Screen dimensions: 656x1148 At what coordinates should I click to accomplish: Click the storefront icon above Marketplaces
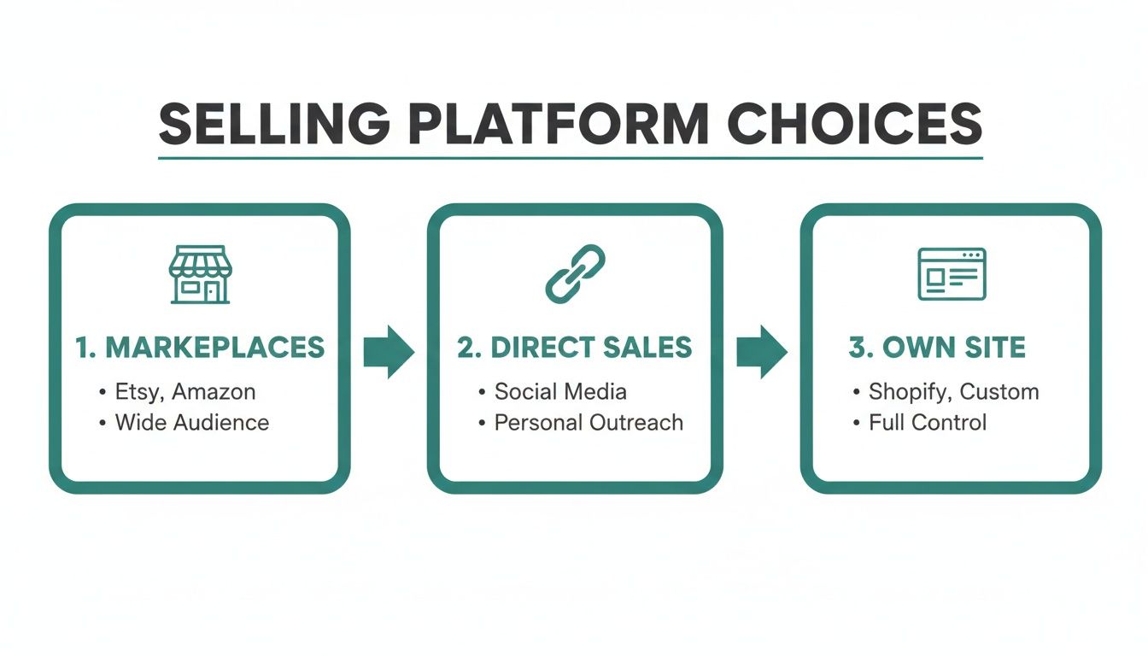coord(200,274)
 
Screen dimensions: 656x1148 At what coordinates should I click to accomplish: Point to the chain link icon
coord(575,273)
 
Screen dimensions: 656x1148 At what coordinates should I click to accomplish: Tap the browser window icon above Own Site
coord(952,274)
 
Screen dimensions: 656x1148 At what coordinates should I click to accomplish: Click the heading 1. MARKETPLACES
coord(200,348)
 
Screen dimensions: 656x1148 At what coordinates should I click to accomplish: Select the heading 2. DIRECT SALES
coord(574,348)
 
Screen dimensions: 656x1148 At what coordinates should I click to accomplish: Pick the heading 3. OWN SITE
coord(937,348)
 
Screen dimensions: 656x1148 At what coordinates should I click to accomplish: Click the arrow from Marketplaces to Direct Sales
coord(389,351)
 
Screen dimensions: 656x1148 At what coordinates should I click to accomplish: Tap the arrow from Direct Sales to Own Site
coord(761,351)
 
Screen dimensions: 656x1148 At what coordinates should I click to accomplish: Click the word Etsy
coord(139,393)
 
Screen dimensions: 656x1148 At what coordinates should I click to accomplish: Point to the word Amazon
coord(214,392)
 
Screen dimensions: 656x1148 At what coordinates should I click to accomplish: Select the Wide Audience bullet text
coord(192,422)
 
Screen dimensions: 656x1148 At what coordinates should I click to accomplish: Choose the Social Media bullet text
coord(560,392)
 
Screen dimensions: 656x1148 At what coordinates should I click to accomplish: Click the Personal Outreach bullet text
coord(589,422)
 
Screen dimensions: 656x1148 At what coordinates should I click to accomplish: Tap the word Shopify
coord(909,393)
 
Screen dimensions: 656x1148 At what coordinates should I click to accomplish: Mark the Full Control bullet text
coord(928,422)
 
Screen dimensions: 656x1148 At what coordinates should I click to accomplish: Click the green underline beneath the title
coord(571,158)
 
